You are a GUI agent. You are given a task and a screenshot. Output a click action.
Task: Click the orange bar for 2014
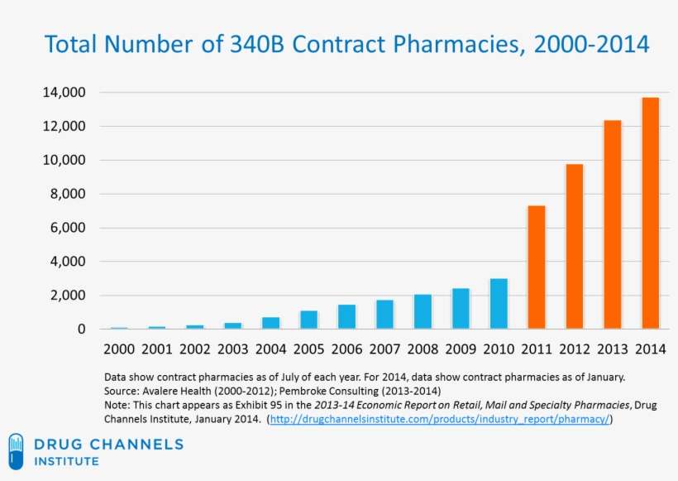point(651,214)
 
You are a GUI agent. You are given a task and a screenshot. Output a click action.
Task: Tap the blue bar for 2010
point(499,304)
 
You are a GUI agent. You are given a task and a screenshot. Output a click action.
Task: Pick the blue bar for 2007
point(384,315)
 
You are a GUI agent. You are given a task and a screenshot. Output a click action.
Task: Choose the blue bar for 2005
point(308,320)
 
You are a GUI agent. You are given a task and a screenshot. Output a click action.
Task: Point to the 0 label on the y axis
point(81,329)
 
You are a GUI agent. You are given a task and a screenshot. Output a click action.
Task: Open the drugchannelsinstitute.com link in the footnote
point(440,419)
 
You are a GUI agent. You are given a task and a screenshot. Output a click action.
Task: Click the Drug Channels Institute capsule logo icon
point(17,451)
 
